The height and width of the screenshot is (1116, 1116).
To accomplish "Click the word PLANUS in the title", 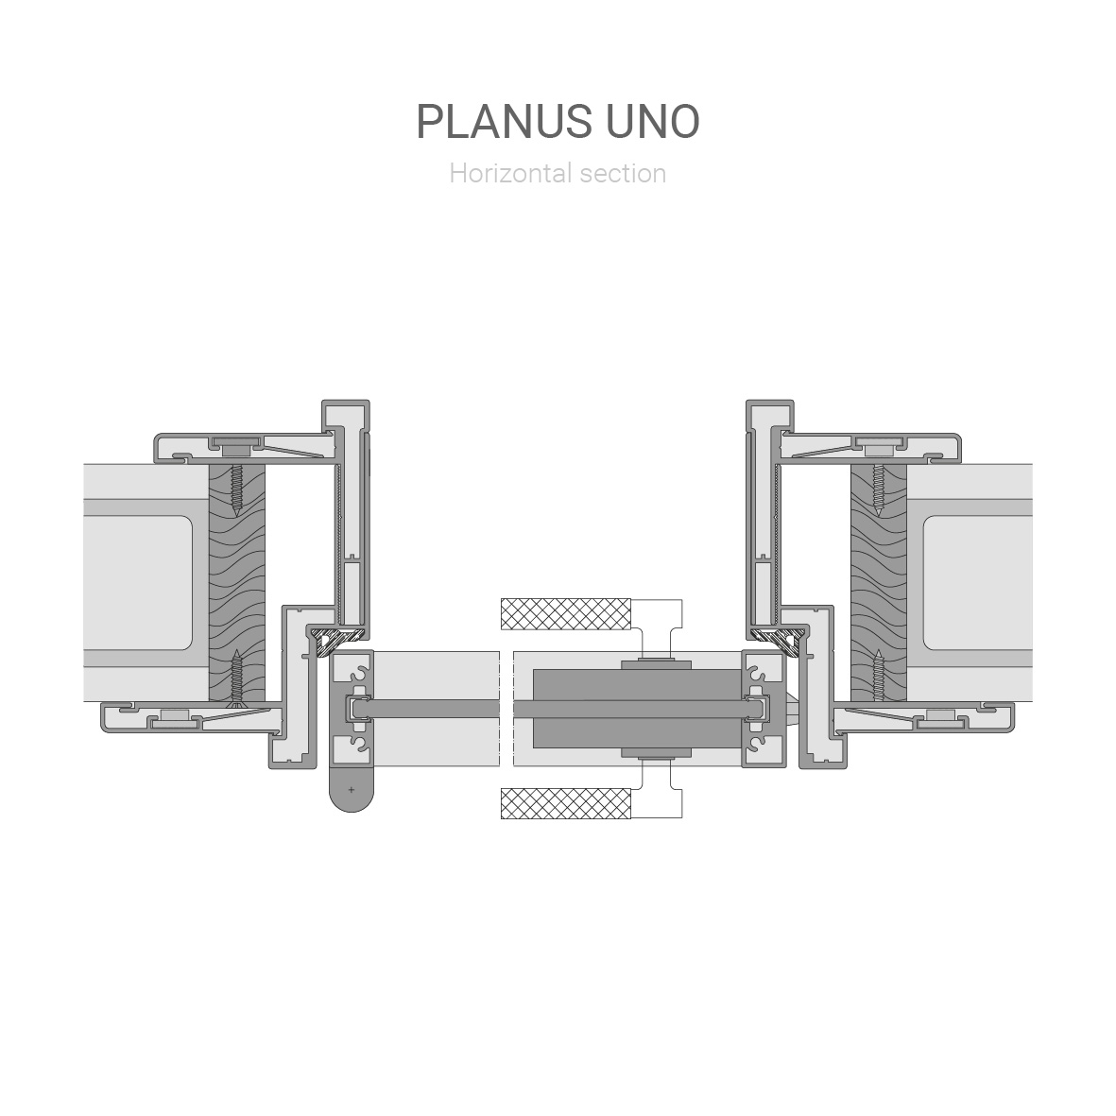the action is pos(504,122).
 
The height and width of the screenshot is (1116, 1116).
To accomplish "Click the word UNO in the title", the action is pos(653,122).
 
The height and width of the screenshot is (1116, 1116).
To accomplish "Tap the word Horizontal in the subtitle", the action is pos(511,174).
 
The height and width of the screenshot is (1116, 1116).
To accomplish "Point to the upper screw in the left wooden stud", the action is pos(236,491).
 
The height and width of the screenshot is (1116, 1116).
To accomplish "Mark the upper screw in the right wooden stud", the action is pos(878,491).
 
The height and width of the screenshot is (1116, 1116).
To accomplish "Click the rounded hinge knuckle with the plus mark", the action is pos(351,789).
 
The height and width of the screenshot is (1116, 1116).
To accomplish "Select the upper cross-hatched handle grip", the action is pos(566,614).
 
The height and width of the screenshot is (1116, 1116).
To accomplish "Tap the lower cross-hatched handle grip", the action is pos(566,803).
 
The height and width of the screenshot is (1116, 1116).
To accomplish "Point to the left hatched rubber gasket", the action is pos(336,639).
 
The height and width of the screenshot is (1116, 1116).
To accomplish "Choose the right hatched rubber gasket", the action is pos(779,639).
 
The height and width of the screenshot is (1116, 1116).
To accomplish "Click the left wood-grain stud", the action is pos(237,583).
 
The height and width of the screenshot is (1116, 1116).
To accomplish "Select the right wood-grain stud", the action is pos(878,583).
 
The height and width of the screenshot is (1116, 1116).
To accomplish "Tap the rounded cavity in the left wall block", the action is pos(138,583).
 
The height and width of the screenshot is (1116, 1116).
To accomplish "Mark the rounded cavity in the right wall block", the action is pos(978,583).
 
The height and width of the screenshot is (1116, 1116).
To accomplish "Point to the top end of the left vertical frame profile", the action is pos(345,402).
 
